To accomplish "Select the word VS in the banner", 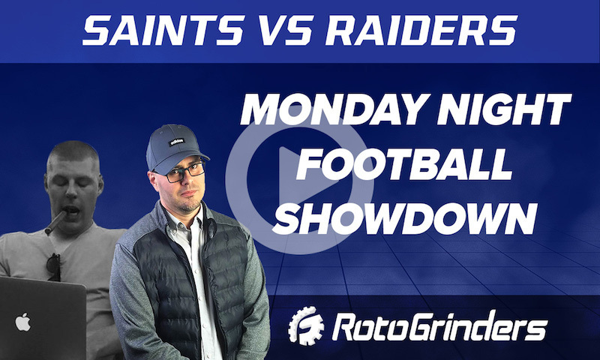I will [280, 31].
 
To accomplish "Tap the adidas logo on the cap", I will [178, 140].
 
